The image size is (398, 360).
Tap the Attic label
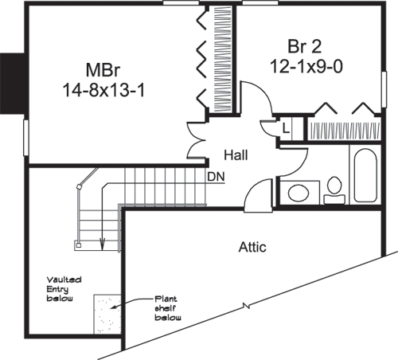point(252,247)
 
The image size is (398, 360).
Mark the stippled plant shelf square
point(107,312)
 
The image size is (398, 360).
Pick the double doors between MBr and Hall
point(193,139)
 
